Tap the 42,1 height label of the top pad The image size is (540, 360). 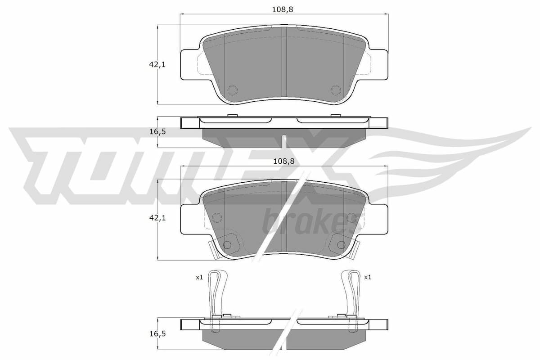[x=157, y=65]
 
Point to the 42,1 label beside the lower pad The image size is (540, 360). [x=157, y=218]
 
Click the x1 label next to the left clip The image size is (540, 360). [x=199, y=278]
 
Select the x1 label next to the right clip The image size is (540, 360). [x=367, y=278]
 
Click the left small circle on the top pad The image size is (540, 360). [x=232, y=90]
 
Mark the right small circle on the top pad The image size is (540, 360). [x=336, y=90]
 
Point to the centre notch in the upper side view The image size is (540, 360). [x=284, y=140]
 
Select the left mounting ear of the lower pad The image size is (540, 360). [x=189, y=219]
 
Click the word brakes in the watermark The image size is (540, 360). [x=306, y=221]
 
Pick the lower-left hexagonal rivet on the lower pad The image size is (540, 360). [x=228, y=244]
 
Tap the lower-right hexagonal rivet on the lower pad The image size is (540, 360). [x=340, y=244]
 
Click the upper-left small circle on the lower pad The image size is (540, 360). [x=217, y=218]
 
